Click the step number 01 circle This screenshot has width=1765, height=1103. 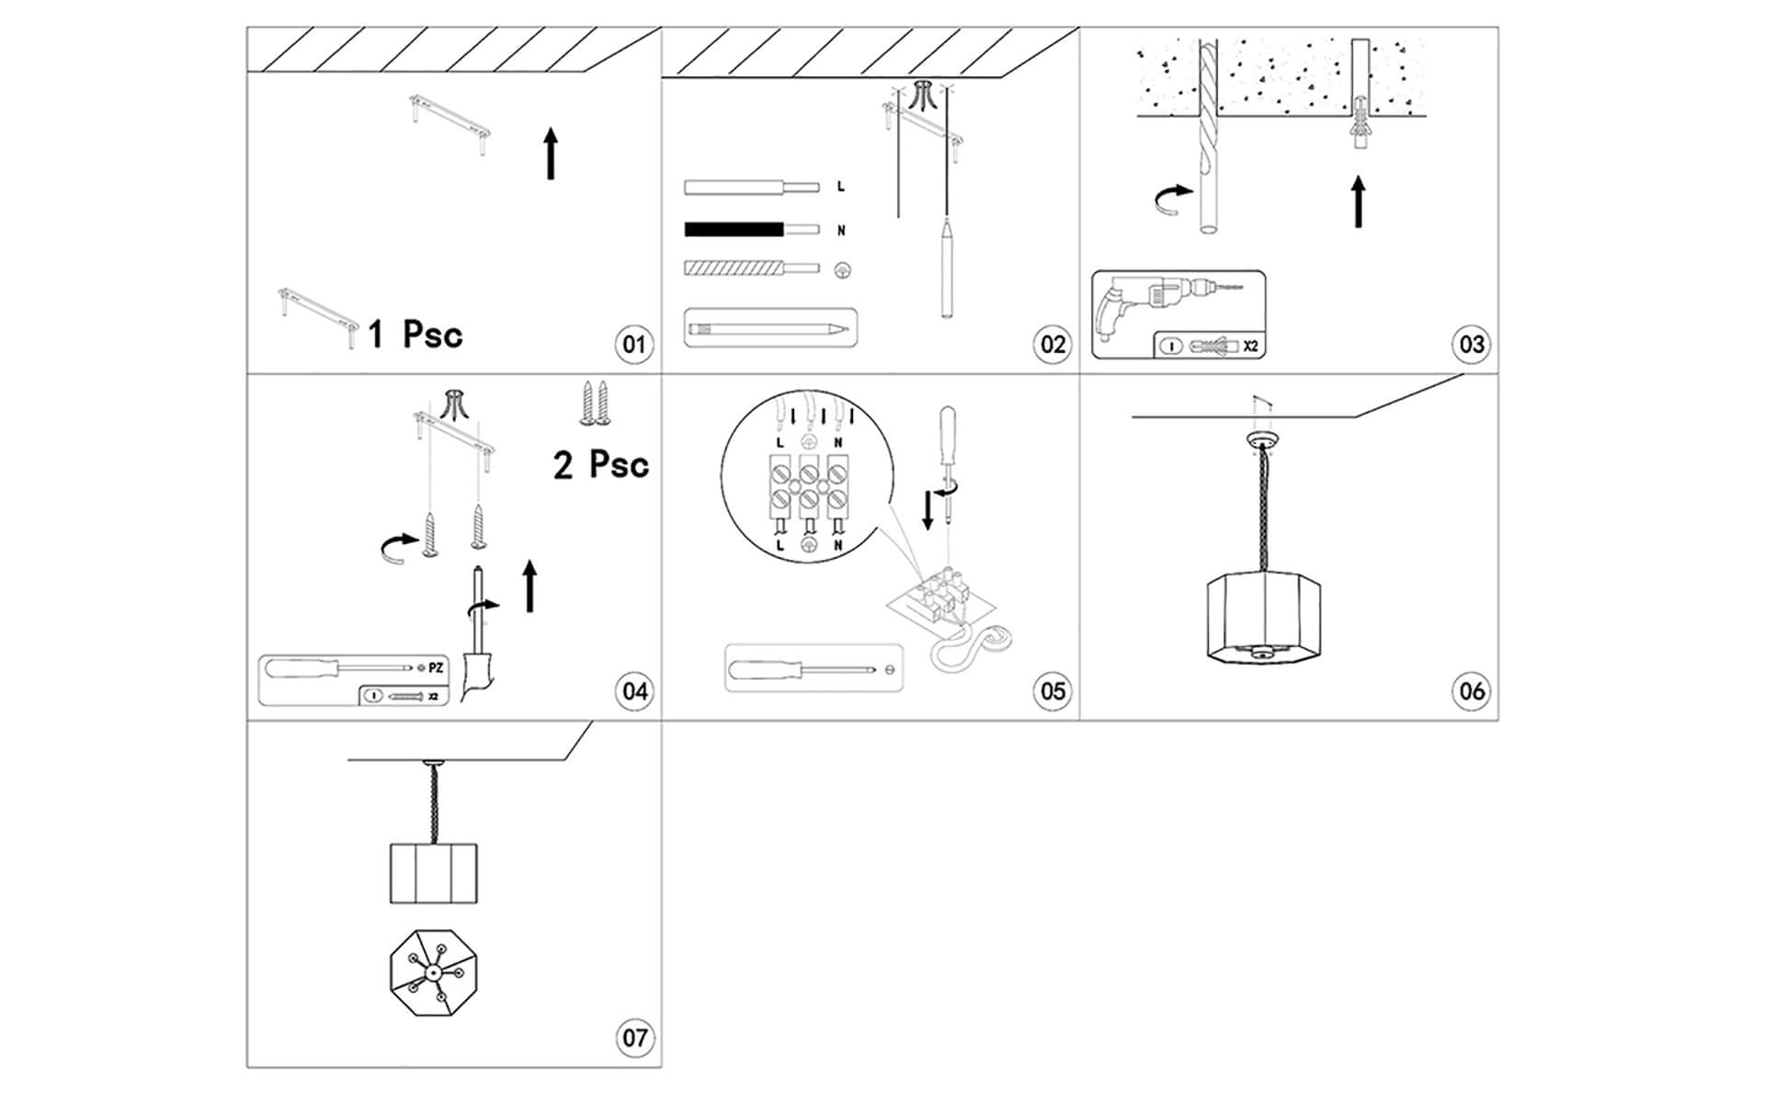[633, 345]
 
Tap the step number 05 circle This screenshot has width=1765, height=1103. [1053, 691]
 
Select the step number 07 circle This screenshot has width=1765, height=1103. [634, 1038]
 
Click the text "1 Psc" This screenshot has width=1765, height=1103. [416, 334]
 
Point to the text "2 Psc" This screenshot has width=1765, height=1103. [601, 464]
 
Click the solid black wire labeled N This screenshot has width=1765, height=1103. [734, 229]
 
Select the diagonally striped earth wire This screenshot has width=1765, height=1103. [734, 268]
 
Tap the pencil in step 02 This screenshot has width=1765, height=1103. [769, 327]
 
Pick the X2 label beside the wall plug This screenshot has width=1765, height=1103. [1250, 347]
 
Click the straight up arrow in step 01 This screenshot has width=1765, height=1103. [551, 154]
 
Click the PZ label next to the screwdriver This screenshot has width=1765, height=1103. [436, 667]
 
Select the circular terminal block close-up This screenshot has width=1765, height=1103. [807, 483]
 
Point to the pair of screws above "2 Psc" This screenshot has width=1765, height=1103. [596, 404]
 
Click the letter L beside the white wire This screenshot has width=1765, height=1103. [840, 187]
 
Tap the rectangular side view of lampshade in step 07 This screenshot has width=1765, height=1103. [434, 871]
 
